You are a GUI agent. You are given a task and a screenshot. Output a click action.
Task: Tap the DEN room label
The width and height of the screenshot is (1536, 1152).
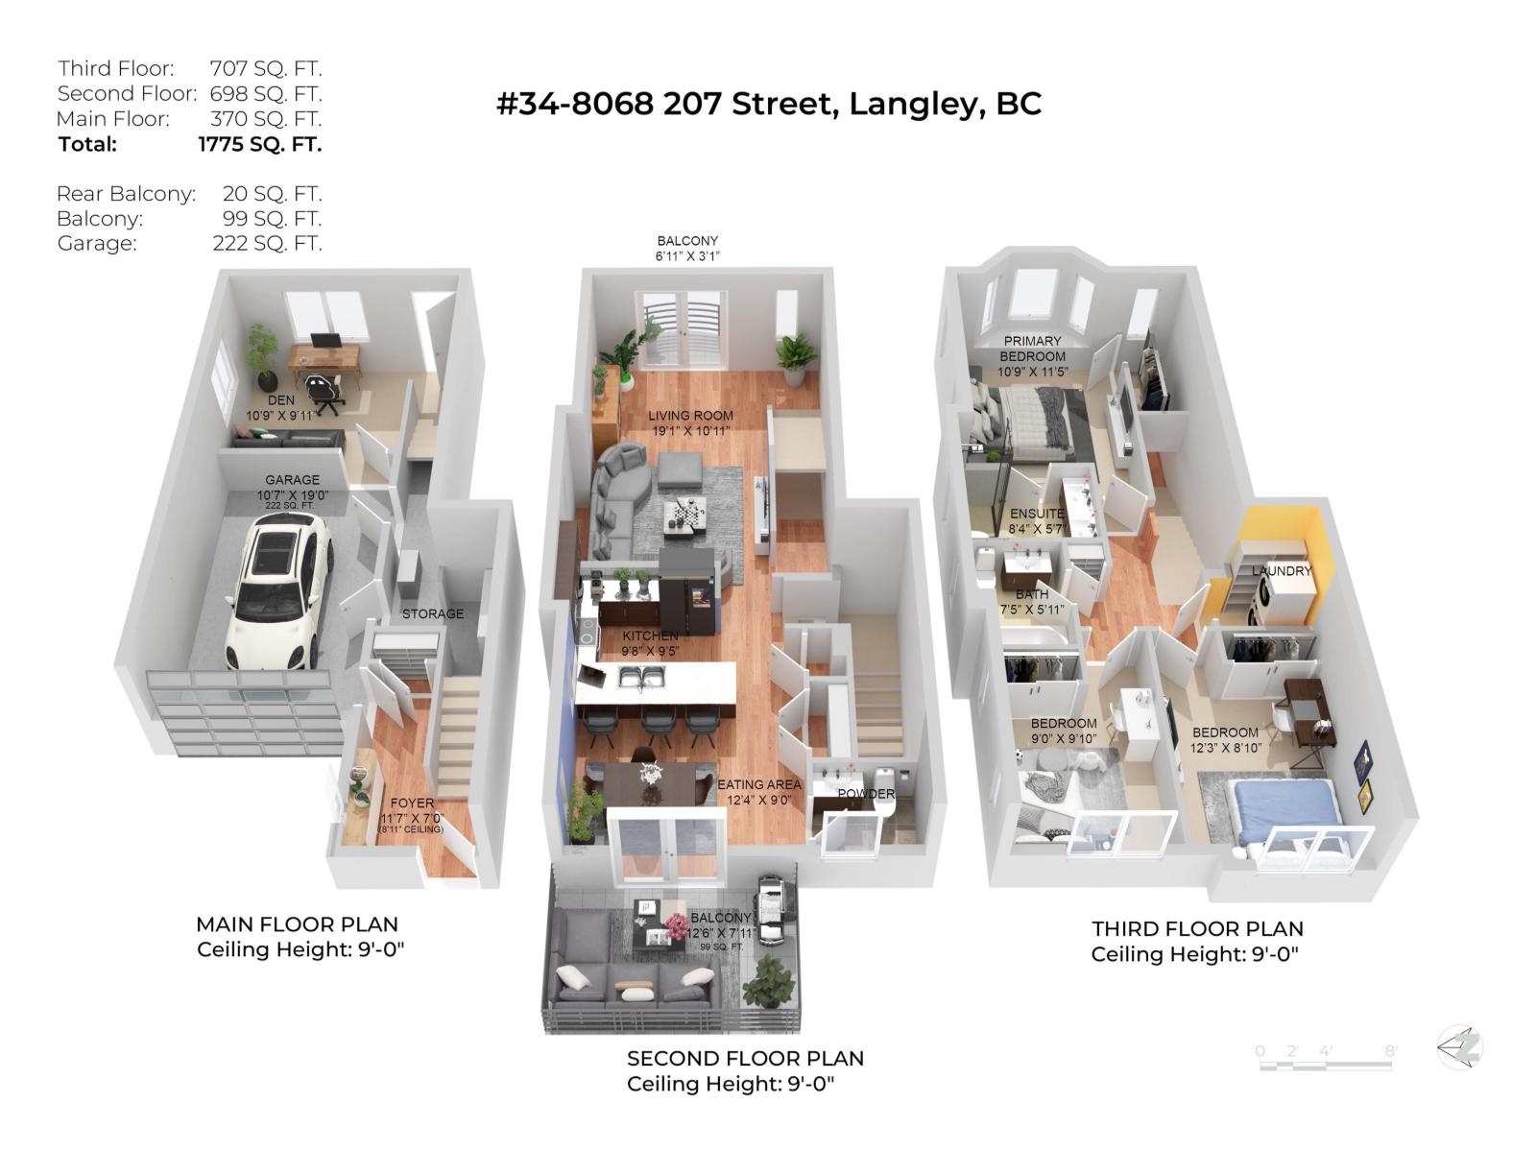(281, 400)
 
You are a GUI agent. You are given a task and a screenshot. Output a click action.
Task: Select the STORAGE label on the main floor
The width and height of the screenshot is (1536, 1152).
(432, 613)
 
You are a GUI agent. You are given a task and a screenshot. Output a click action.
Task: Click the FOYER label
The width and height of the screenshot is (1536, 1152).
(412, 803)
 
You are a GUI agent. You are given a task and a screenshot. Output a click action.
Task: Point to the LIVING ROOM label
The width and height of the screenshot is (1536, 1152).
(690, 416)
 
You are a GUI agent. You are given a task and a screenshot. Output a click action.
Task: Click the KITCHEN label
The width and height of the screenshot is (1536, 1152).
(650, 636)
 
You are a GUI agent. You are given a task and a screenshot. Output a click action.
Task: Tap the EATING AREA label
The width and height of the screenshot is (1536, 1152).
(758, 784)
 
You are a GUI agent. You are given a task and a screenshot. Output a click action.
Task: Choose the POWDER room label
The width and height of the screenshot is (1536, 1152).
(866, 794)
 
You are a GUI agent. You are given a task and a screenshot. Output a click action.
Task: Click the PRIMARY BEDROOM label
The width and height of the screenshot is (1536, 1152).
(1032, 348)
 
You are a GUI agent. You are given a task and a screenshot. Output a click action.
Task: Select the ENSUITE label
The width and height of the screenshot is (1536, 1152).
(1037, 514)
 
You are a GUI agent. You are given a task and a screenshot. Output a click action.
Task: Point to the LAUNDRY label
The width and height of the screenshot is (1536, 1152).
(1281, 570)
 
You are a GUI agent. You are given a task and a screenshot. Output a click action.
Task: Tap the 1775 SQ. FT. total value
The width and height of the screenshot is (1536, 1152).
(259, 144)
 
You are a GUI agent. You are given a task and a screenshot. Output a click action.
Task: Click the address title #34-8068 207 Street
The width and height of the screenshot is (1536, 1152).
(768, 104)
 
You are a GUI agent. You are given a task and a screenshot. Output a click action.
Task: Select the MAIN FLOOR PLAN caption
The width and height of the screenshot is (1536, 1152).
(297, 924)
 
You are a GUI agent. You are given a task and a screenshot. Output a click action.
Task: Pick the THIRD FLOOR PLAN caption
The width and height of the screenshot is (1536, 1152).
(1197, 928)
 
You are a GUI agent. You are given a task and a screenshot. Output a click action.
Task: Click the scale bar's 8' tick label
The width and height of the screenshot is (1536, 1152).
(1389, 1051)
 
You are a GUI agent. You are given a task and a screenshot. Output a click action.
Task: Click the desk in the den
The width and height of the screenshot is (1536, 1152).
(325, 355)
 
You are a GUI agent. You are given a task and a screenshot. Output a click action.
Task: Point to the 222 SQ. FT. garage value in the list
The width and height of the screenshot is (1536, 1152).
(267, 243)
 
